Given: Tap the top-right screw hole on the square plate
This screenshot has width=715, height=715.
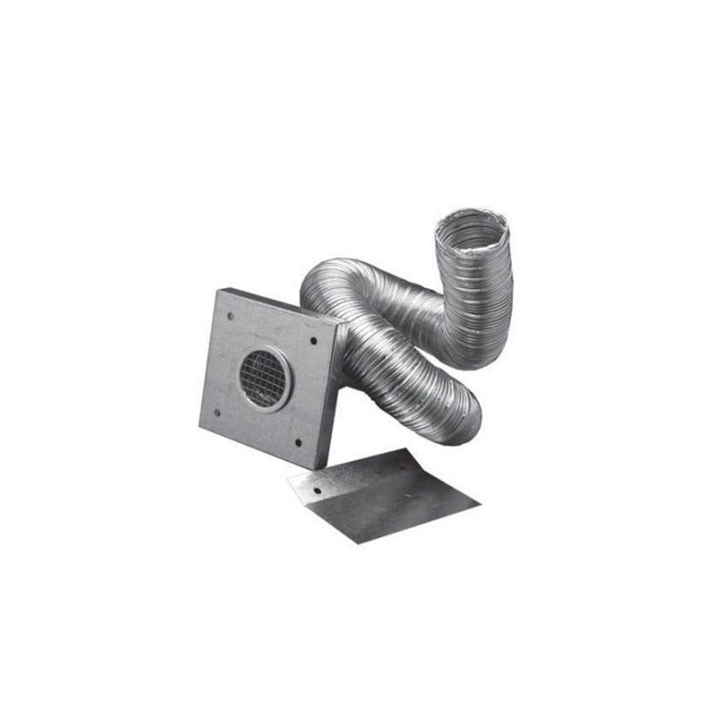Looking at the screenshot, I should tap(313, 340).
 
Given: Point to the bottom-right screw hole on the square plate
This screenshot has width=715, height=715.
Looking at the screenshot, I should tap(298, 441).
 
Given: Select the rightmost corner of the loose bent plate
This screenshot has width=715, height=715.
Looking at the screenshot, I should tap(480, 504).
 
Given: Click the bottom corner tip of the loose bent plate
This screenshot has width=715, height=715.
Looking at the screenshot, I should tap(356, 543).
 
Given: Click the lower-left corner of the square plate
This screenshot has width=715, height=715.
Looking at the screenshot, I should tap(199, 425).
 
